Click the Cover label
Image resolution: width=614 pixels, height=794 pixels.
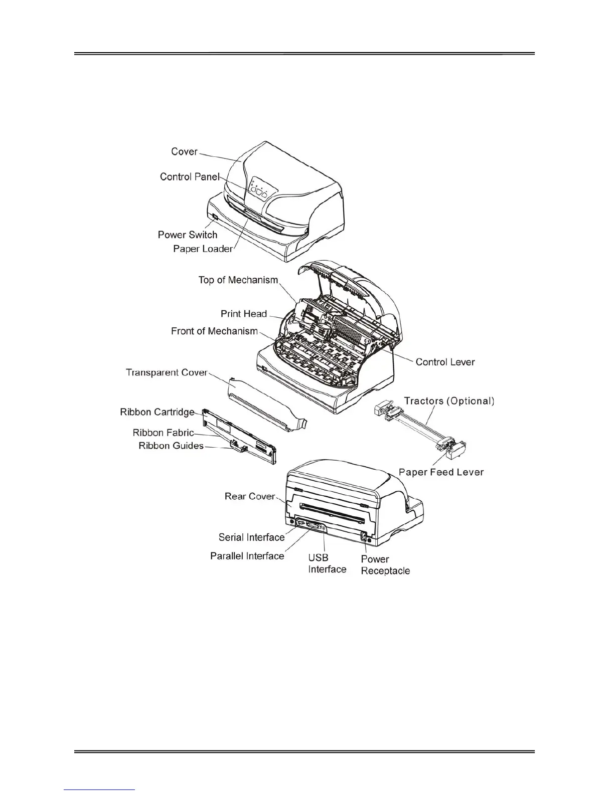coord(184,151)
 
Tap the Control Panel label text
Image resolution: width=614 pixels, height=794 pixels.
coord(190,176)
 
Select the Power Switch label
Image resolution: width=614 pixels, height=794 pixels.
coord(188,235)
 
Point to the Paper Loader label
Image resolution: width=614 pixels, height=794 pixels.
coord(203,249)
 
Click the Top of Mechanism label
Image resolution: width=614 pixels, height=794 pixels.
coord(238,280)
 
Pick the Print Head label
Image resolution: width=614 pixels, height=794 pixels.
coord(244,314)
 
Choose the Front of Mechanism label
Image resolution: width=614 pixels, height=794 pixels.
coord(214,331)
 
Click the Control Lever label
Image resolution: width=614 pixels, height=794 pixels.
coord(445,362)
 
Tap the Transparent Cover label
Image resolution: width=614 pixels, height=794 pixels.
coord(167,372)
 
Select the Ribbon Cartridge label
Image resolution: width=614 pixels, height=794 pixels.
coord(157,412)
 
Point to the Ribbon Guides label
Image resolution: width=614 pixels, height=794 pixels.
coord(171,446)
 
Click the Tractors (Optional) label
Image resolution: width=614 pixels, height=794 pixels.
coord(449,401)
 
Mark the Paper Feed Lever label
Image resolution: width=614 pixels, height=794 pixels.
coord(441,472)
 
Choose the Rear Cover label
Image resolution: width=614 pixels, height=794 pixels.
coord(250,496)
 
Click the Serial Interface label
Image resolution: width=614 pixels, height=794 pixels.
coord(251,537)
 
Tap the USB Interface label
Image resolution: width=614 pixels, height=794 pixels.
coord(327,563)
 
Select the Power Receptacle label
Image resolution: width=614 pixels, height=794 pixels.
coord(385,565)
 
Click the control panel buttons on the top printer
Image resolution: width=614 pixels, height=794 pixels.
coord(258,189)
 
